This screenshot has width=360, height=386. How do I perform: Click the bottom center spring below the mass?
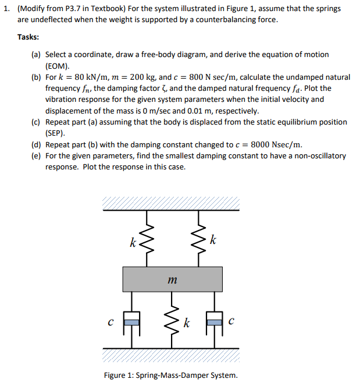click(x=172, y=320)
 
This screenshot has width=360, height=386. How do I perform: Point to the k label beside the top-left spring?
click(x=133, y=242)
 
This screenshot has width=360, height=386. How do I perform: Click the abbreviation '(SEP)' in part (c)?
click(x=56, y=133)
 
